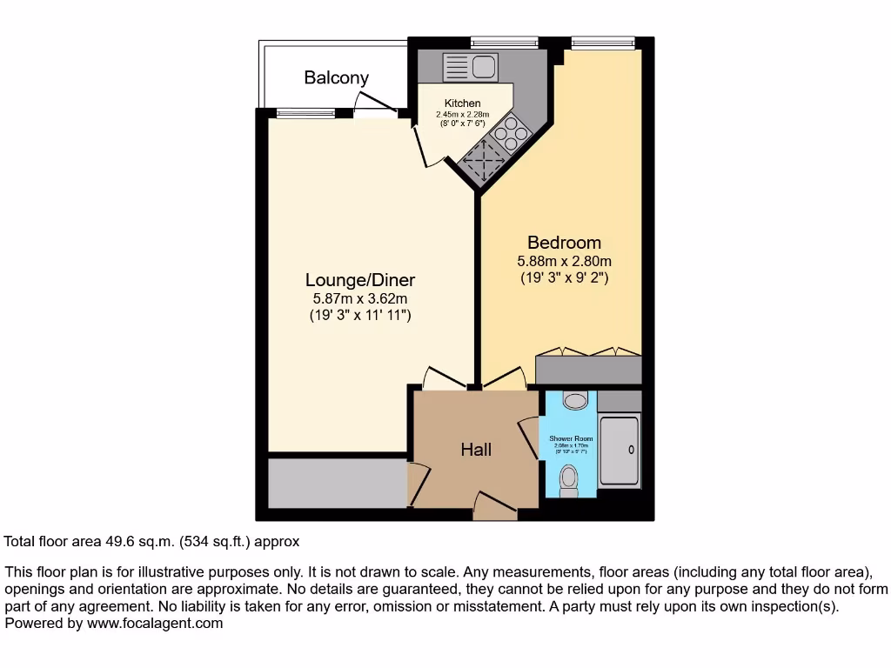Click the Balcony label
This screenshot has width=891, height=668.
[x=336, y=77]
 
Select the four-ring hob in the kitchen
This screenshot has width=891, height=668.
[x=511, y=135]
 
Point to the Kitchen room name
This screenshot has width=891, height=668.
[x=462, y=104]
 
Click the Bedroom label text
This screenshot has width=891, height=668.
[x=564, y=243]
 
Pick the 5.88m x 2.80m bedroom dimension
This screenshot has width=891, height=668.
[x=564, y=261]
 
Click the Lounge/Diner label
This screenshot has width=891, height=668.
[x=359, y=280]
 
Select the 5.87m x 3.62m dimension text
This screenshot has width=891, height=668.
[x=359, y=298]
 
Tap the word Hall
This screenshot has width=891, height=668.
[x=476, y=450]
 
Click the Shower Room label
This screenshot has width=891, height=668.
[x=570, y=438]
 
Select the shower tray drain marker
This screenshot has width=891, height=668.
[x=631, y=450]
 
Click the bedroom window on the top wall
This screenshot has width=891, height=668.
[x=602, y=41]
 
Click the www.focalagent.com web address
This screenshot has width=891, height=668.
[x=153, y=624]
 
